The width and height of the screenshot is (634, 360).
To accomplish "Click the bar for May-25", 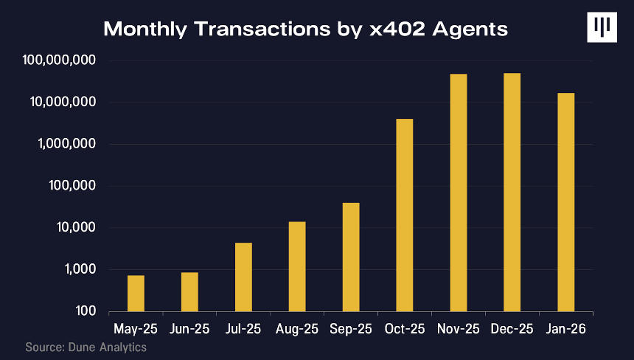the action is tap(136, 294).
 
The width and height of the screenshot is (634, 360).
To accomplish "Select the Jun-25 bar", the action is tap(189, 291).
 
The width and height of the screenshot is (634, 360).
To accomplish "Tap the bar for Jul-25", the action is tap(243, 277).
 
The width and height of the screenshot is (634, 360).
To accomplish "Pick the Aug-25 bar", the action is tap(297, 266).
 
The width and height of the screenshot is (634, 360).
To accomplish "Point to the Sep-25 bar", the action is tap(351, 257).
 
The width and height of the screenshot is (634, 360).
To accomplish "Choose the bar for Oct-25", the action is tap(405, 215).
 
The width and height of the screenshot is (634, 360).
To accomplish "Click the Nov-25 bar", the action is tap(459, 193).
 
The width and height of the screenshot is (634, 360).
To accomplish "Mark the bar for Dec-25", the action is tap(512, 192).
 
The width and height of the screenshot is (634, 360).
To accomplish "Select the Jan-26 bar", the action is tap(566, 202).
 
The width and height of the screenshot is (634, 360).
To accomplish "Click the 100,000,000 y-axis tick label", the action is tap(60, 60).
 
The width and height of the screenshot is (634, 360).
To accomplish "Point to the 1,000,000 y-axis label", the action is tap(68, 144).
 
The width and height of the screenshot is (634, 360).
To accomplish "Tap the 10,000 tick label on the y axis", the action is tap(77, 227).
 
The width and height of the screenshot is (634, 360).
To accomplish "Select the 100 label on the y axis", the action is tap(86, 311).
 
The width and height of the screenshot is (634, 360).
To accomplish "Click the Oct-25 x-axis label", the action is tap(405, 329).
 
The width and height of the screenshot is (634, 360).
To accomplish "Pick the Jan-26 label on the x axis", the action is tap(565, 329).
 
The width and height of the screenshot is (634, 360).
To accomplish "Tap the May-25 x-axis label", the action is tap(136, 329).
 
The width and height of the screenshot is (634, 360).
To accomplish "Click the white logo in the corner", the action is tap(602, 27).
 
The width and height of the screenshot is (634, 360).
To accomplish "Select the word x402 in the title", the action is tap(397, 29).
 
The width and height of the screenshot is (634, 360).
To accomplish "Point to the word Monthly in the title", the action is tap(145, 30).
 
